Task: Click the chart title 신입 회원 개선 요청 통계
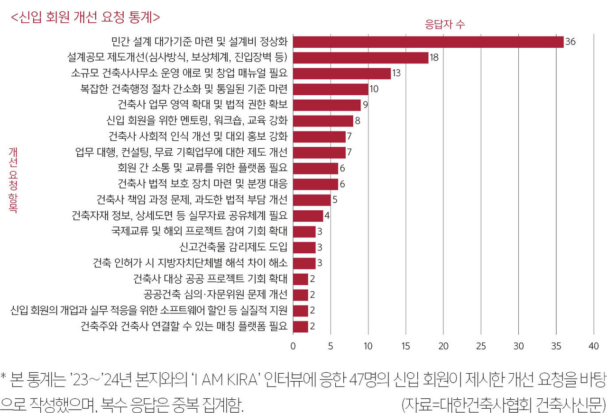(x=85, y=17)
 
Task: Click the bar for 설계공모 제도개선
(x=360, y=58)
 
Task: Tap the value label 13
(x=396, y=73)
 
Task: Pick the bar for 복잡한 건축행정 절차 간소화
(x=331, y=89)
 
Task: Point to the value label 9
(x=365, y=105)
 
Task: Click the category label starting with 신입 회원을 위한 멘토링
(x=197, y=120)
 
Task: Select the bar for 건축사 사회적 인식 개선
(x=319, y=136)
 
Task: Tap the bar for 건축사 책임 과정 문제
(x=312, y=199)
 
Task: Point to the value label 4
(x=327, y=215)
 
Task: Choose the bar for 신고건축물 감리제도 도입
(x=304, y=247)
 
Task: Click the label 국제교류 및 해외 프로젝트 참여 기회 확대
(x=199, y=231)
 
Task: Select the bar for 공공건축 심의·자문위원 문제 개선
(x=300, y=295)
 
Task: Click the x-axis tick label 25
(x=481, y=346)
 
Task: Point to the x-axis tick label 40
(x=594, y=346)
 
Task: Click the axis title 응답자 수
(x=444, y=25)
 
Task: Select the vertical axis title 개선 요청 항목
(x=13, y=180)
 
